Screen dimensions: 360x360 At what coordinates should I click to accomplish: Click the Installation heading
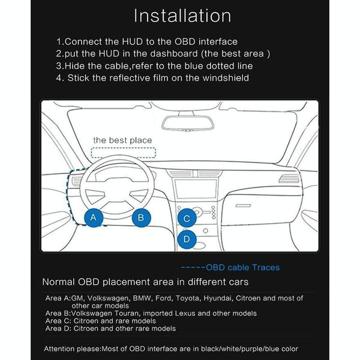pyautogui.click(x=182, y=16)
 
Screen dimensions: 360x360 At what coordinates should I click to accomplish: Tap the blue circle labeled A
pyautogui.click(x=93, y=217)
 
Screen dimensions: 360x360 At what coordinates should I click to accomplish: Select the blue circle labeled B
pyautogui.click(x=141, y=217)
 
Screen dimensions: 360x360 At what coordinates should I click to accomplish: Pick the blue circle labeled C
pyautogui.click(x=187, y=219)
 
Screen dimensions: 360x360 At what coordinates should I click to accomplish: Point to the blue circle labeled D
pyautogui.click(x=187, y=239)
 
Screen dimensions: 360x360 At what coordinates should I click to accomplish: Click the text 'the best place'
pyautogui.click(x=122, y=140)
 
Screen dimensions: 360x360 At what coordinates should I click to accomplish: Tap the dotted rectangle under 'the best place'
pyautogui.click(x=122, y=152)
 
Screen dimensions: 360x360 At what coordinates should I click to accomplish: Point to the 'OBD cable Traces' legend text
pyautogui.click(x=234, y=268)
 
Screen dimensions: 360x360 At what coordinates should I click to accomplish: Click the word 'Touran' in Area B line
pyautogui.click(x=128, y=313)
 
